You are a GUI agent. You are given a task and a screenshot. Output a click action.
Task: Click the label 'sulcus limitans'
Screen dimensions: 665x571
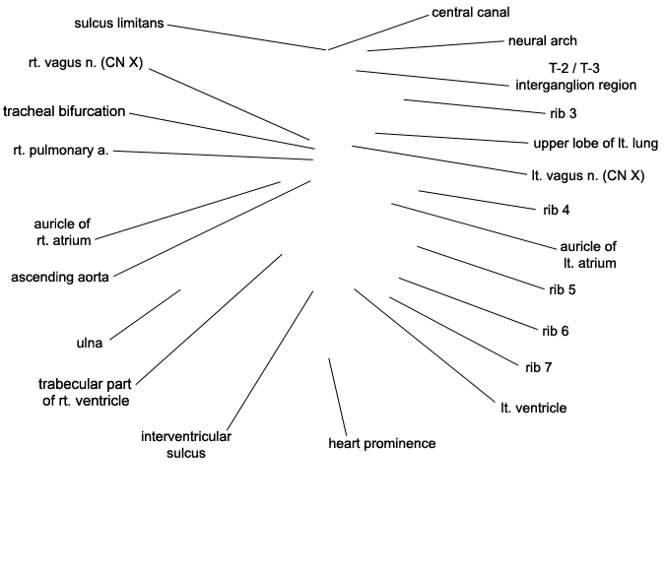tap(119, 23)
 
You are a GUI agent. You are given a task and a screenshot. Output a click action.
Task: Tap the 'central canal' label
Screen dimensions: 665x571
tap(471, 13)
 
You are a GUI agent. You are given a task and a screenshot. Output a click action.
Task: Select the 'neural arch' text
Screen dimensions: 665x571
tap(543, 40)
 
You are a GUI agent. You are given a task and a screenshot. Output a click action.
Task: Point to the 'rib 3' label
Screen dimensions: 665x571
tap(564, 113)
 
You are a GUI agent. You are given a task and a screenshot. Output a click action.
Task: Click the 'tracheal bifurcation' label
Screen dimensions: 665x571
tap(64, 111)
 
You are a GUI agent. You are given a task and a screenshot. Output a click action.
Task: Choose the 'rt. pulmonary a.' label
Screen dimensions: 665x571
tap(61, 151)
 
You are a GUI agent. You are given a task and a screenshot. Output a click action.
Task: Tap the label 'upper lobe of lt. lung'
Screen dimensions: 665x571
tap(595, 144)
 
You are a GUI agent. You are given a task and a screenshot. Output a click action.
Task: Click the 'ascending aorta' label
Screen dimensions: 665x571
tap(60, 278)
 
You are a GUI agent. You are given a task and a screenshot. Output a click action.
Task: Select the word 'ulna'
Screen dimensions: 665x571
tap(90, 343)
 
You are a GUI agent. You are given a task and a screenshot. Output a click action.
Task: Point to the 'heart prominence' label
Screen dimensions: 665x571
tap(382, 443)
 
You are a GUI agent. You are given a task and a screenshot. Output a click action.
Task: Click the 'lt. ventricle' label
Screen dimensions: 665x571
tap(534, 408)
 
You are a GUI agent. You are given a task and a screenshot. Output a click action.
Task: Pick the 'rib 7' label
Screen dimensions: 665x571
tap(539, 367)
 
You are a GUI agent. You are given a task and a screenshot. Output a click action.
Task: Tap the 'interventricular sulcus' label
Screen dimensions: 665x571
tap(186, 445)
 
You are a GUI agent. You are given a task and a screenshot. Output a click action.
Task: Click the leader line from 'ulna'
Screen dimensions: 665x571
tap(145, 315)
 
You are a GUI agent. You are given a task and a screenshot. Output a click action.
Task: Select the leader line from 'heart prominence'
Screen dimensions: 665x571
tap(338, 397)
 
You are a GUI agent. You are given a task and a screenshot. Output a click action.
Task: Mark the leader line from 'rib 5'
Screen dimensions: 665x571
tap(481, 269)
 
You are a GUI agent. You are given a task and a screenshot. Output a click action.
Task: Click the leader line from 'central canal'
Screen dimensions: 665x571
tap(378, 32)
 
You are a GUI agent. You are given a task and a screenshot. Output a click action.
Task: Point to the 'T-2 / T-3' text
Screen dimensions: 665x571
tap(574, 68)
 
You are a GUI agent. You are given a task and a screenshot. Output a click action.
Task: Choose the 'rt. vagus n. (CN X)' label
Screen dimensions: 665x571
tap(86, 63)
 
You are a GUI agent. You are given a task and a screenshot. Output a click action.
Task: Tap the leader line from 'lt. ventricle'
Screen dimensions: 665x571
tap(425, 346)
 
